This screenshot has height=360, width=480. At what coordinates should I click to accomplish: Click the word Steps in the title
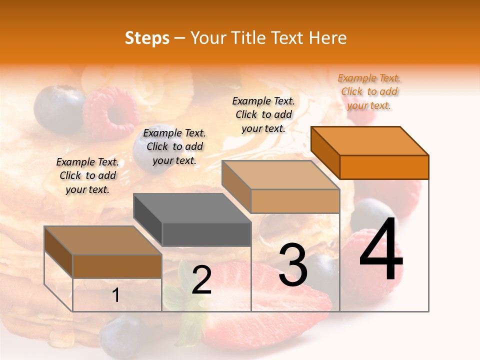147,38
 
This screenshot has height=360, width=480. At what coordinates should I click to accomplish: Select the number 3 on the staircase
293,265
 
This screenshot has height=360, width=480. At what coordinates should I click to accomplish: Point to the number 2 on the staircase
201,280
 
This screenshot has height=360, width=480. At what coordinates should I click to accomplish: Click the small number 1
116,295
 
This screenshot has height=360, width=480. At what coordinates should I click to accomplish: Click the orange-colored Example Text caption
369,91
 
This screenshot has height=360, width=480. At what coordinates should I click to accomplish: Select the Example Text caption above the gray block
174,146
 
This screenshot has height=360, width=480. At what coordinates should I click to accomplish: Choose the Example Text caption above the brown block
87,175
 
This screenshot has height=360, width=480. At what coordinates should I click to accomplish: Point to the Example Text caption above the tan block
263,114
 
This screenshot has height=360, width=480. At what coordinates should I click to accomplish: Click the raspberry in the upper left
111,112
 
